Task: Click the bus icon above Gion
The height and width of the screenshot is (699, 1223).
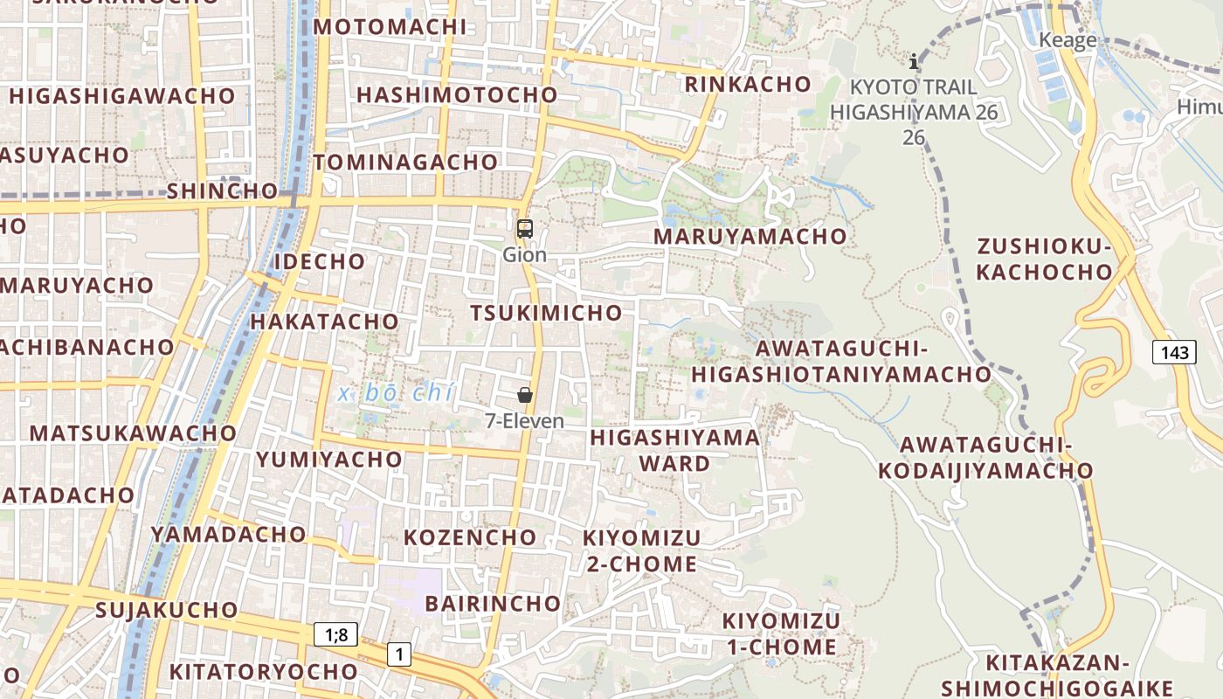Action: pyautogui.click(x=524, y=230)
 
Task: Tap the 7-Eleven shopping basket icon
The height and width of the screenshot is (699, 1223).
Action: pyautogui.click(x=525, y=395)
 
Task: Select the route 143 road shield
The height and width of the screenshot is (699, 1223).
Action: pyautogui.click(x=1175, y=352)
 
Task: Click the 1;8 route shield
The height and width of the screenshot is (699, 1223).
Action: pyautogui.click(x=335, y=634)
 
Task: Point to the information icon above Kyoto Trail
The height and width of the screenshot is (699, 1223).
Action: pyautogui.click(x=914, y=61)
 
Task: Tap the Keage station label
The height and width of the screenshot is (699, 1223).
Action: pyautogui.click(x=1068, y=40)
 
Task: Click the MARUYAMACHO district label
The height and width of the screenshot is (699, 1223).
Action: pyautogui.click(x=750, y=236)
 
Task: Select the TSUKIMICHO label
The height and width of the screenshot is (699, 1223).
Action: pyautogui.click(x=546, y=313)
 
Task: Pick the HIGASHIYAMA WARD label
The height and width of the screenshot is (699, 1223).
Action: pyautogui.click(x=674, y=450)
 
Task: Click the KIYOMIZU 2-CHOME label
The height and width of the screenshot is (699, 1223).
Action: pyautogui.click(x=641, y=550)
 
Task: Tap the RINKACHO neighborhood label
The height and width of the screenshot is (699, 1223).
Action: pyautogui.click(x=748, y=84)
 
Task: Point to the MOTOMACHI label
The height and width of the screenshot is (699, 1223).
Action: pyautogui.click(x=390, y=26)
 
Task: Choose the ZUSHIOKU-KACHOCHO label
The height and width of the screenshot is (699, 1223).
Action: pyautogui.click(x=1044, y=260)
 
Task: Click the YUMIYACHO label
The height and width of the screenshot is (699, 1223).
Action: pyautogui.click(x=329, y=459)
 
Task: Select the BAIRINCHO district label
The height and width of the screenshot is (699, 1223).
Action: pyautogui.click(x=493, y=603)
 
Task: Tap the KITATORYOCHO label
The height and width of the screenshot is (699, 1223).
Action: pyautogui.click(x=263, y=671)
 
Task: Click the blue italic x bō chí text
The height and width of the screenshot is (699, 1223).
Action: pyautogui.click(x=396, y=394)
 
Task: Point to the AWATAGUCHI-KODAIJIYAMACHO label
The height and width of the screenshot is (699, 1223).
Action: pyautogui.click(x=985, y=458)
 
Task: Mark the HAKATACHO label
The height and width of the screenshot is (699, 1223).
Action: pyautogui.click(x=324, y=321)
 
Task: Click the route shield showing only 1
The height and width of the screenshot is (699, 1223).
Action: pyautogui.click(x=399, y=654)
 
